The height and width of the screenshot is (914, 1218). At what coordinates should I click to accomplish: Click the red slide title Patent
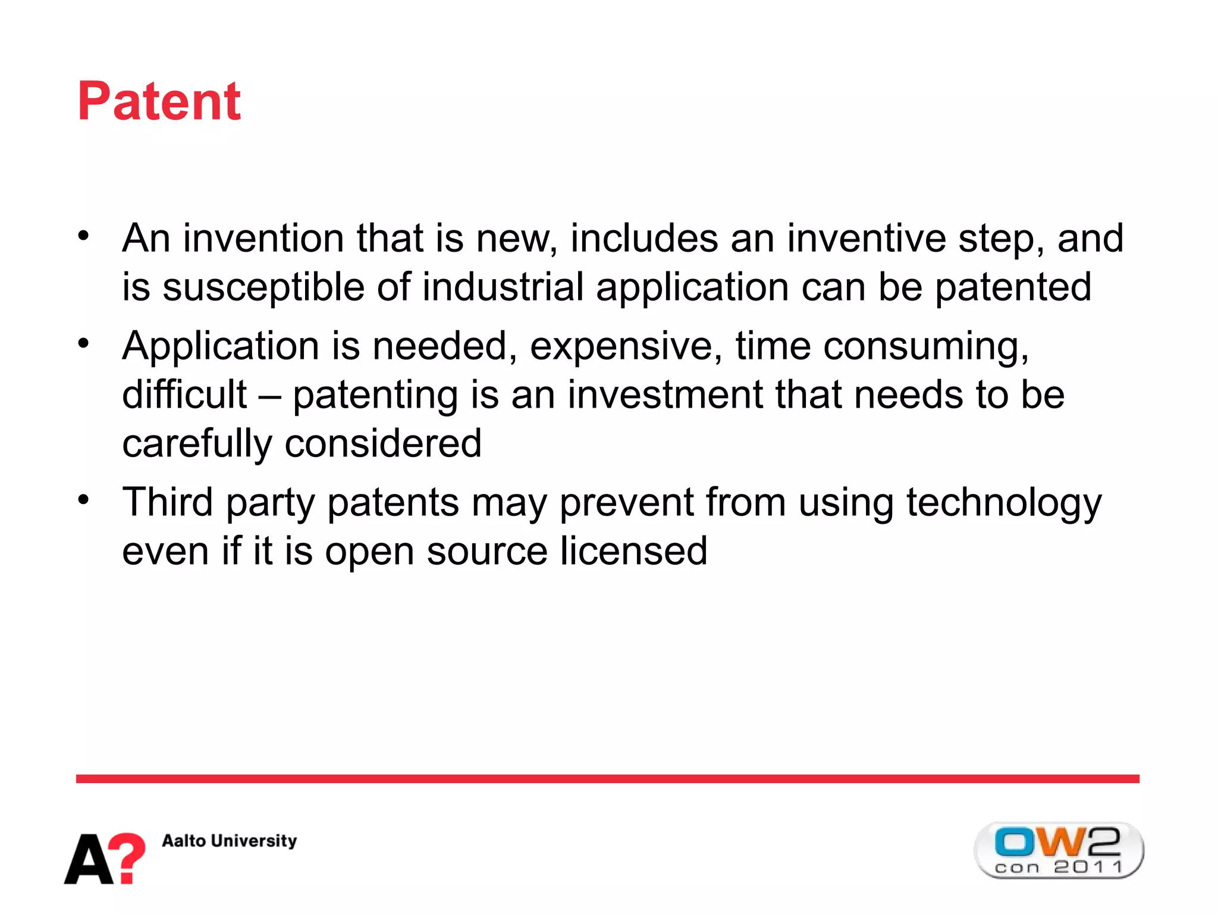click(x=159, y=101)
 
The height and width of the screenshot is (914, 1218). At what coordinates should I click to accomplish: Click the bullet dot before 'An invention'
click(x=83, y=236)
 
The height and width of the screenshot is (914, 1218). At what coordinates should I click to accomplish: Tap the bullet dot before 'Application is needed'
click(x=83, y=343)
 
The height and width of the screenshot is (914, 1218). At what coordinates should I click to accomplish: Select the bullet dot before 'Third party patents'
click(x=83, y=500)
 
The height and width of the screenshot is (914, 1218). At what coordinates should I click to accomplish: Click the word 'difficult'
click(x=184, y=395)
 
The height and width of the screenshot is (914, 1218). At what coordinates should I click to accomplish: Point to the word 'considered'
click(x=383, y=443)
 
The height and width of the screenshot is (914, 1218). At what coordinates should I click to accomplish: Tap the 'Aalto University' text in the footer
click(x=229, y=840)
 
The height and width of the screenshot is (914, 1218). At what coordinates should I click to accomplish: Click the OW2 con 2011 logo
click(x=1058, y=850)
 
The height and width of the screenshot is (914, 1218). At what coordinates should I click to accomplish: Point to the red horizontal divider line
click(x=607, y=778)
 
